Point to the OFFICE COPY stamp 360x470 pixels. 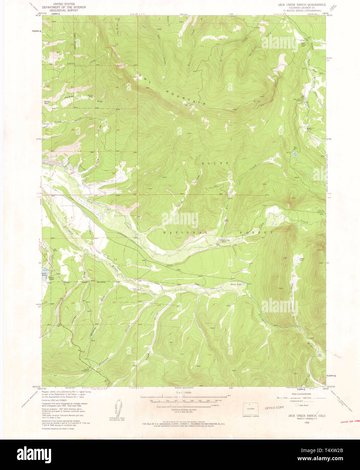tap(274, 408)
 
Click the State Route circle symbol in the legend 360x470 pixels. tap(297, 405)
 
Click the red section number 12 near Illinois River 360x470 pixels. tap(115, 259)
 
